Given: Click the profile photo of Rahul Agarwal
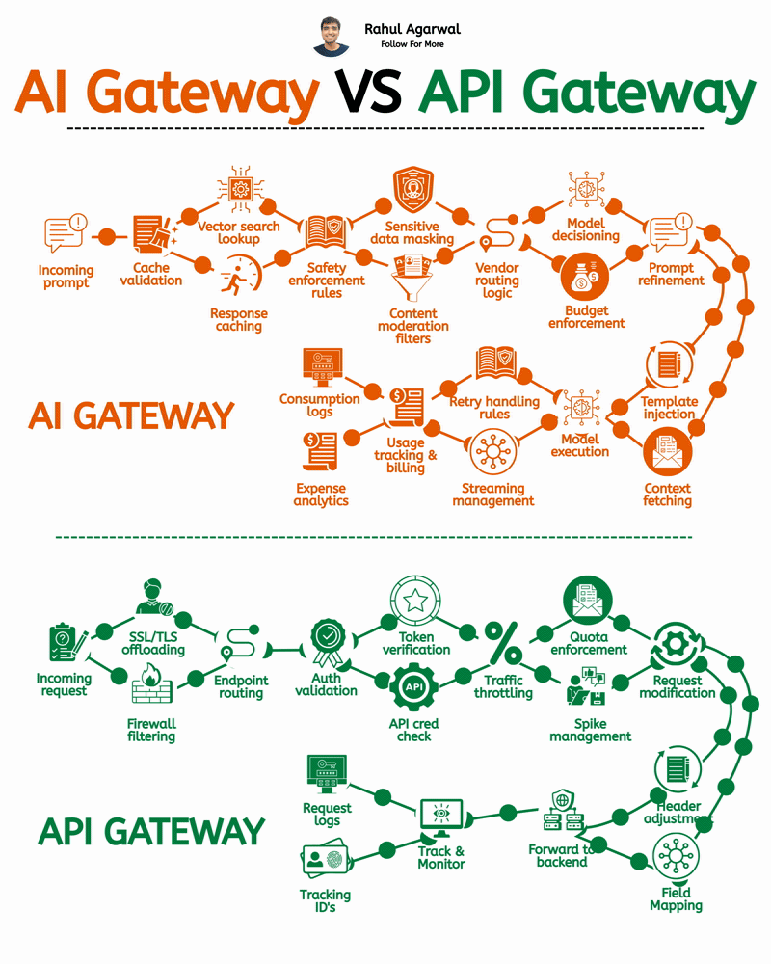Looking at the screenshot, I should pyautogui.click(x=332, y=36).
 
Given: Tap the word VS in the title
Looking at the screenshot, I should pyautogui.click(x=367, y=94).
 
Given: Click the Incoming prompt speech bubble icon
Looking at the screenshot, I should pyautogui.click(x=66, y=234).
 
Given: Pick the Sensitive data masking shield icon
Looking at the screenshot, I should pyautogui.click(x=413, y=192).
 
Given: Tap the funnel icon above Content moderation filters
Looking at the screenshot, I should pyautogui.click(x=412, y=279).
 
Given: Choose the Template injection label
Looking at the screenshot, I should pyautogui.click(x=669, y=408).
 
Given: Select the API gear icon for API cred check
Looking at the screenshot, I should pyautogui.click(x=414, y=687).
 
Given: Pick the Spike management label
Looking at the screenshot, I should pyautogui.click(x=590, y=730).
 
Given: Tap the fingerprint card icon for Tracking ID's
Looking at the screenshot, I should pyautogui.click(x=324, y=862).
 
